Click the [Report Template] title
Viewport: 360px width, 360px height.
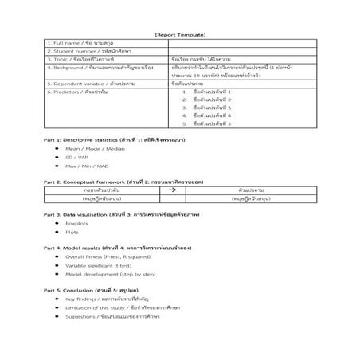pos(180,34)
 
